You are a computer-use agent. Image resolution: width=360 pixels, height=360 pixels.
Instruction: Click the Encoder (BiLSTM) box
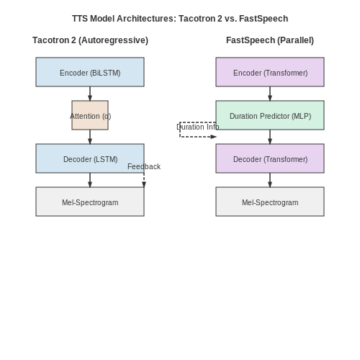90,72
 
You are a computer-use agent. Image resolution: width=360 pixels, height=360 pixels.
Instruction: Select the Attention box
90,115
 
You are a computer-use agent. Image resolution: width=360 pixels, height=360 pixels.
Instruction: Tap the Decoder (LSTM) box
90,158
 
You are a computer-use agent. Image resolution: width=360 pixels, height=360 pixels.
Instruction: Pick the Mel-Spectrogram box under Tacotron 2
90,202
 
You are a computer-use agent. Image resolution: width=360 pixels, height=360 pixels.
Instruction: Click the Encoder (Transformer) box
270,72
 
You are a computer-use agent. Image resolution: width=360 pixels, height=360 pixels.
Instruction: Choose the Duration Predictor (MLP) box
270,115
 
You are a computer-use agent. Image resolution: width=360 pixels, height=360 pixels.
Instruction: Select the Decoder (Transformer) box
270,158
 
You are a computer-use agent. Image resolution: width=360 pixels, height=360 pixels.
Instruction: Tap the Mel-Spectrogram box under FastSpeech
270,202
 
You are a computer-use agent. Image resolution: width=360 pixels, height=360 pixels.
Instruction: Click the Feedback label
144,166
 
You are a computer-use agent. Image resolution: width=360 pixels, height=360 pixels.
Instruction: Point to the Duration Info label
198,127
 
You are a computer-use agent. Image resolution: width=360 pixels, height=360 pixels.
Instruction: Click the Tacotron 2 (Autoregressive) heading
90,40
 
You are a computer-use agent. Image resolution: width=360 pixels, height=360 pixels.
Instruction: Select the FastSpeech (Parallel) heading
270,40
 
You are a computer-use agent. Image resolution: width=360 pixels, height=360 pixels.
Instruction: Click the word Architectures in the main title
146,19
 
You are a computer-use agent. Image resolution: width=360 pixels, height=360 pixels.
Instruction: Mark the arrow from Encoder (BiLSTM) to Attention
90,94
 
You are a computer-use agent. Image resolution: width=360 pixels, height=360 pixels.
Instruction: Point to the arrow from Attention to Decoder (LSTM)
90,137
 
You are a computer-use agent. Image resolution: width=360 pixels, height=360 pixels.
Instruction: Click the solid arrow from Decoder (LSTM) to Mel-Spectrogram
90,180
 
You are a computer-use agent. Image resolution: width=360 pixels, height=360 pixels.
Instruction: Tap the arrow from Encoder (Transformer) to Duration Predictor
270,94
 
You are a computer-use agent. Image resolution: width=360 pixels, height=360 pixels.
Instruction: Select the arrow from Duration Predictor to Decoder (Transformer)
270,137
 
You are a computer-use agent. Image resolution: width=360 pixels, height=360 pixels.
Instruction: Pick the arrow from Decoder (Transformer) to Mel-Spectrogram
270,180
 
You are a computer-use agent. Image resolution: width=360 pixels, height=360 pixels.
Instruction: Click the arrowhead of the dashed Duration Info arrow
213,137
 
